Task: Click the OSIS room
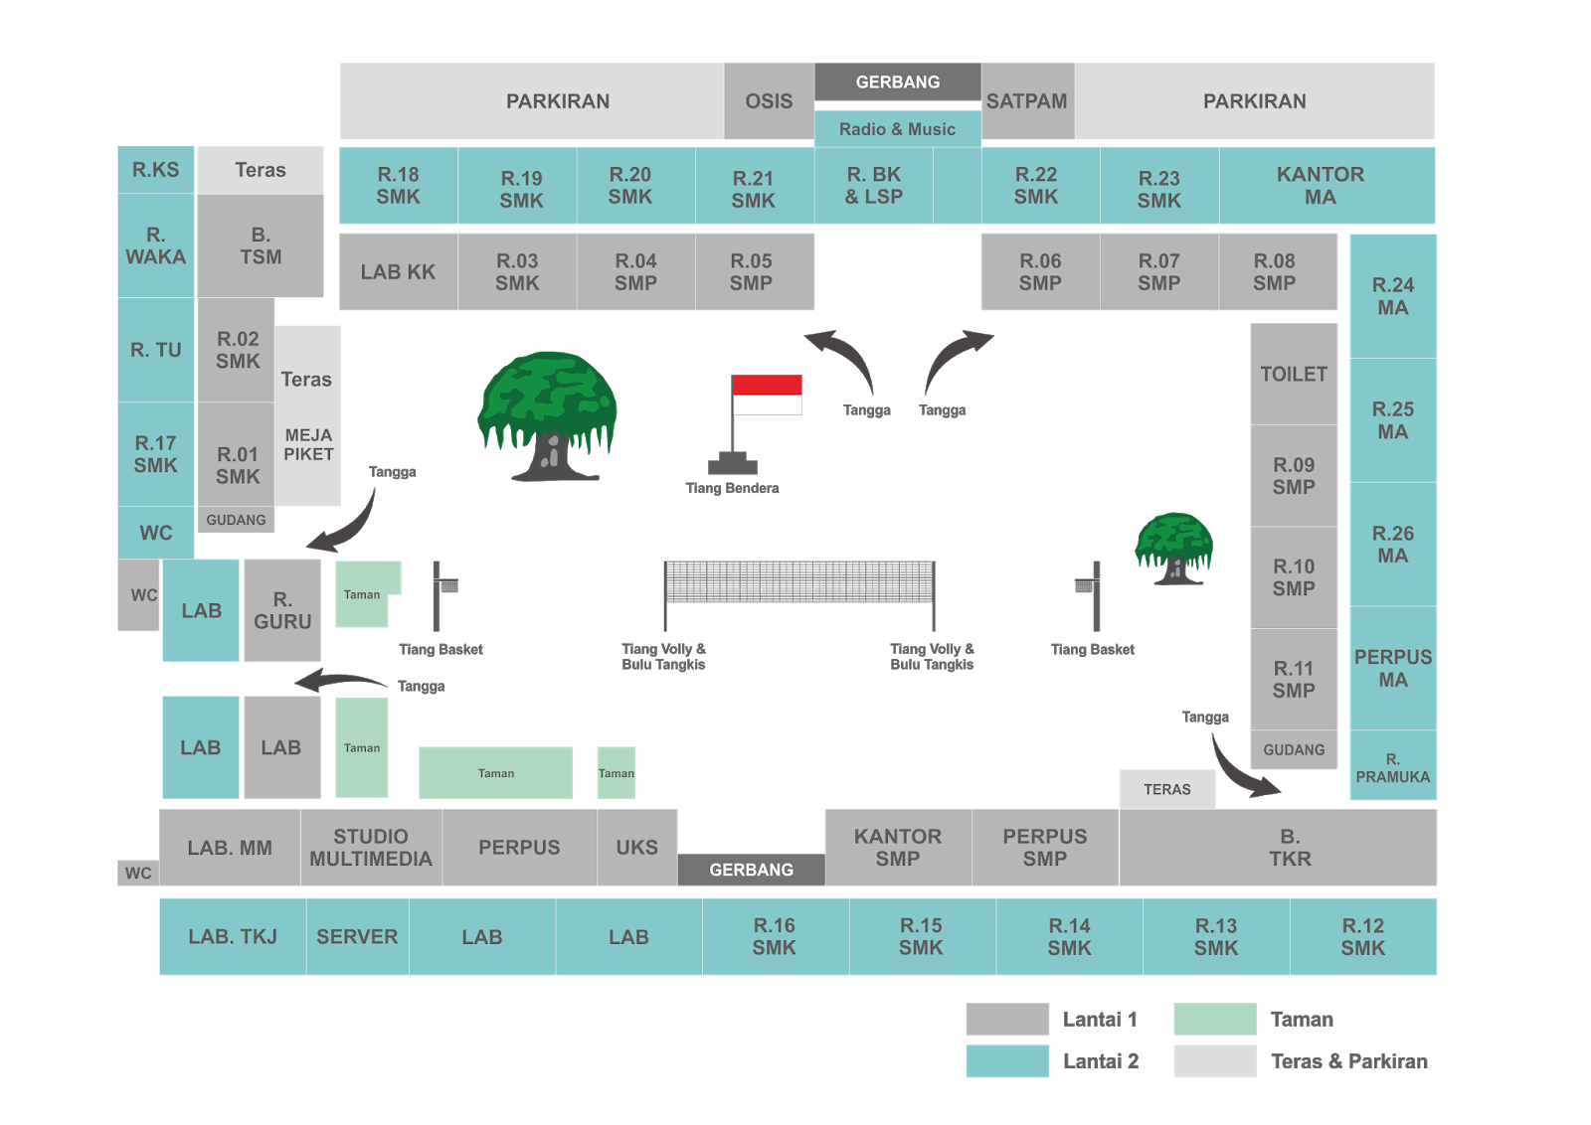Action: [x=769, y=101]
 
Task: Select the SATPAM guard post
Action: [x=1027, y=101]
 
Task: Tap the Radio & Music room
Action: [x=897, y=129]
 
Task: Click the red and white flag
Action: [x=767, y=395]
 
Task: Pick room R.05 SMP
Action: [x=751, y=271]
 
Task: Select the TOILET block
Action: [x=1294, y=374]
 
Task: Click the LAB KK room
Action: [x=398, y=271]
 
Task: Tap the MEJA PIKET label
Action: [x=308, y=444]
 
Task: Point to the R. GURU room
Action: [x=282, y=610]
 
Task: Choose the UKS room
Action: [x=636, y=847]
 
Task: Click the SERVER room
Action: [x=357, y=936]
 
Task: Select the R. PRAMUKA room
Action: [x=1392, y=767]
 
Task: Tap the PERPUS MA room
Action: [x=1392, y=668]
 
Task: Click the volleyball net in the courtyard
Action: [x=799, y=581]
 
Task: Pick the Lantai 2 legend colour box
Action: [x=1007, y=1060]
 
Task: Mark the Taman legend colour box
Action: [x=1214, y=1019]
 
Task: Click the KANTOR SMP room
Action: [x=897, y=847]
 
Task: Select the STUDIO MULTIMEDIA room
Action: [x=371, y=847]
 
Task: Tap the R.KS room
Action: [x=156, y=170]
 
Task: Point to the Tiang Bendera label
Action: [x=732, y=488]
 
